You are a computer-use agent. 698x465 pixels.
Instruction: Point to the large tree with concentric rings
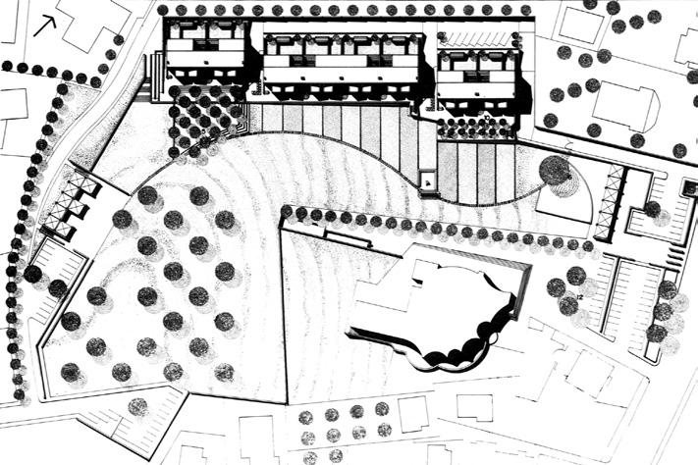pyautogui.click(x=558, y=174)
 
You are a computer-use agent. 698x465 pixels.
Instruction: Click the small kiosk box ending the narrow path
pyautogui.click(x=428, y=180)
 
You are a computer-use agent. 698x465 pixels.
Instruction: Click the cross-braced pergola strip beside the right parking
pyautogui.click(x=616, y=202)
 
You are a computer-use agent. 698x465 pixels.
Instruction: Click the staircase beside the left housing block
pyautogui.click(x=154, y=77)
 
